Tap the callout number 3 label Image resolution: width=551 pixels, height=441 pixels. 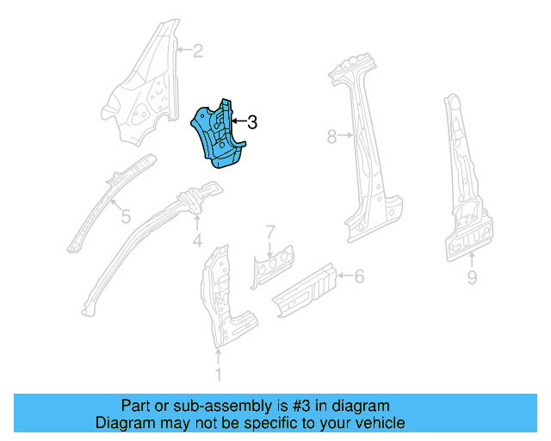pyautogui.click(x=251, y=123)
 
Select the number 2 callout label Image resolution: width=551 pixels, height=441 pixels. pyautogui.click(x=197, y=51)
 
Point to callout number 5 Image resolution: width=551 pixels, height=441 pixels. pyautogui.click(x=125, y=217)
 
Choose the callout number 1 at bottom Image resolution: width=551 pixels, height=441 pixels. pyautogui.click(x=218, y=374)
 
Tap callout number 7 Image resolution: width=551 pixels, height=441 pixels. pyautogui.click(x=269, y=232)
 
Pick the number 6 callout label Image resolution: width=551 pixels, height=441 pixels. pyautogui.click(x=359, y=276)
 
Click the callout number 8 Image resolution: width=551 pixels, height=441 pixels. pyautogui.click(x=332, y=135)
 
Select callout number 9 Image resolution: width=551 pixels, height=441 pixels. pyautogui.click(x=472, y=276)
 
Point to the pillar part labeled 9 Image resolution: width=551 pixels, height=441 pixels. pyautogui.click(x=465, y=189)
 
